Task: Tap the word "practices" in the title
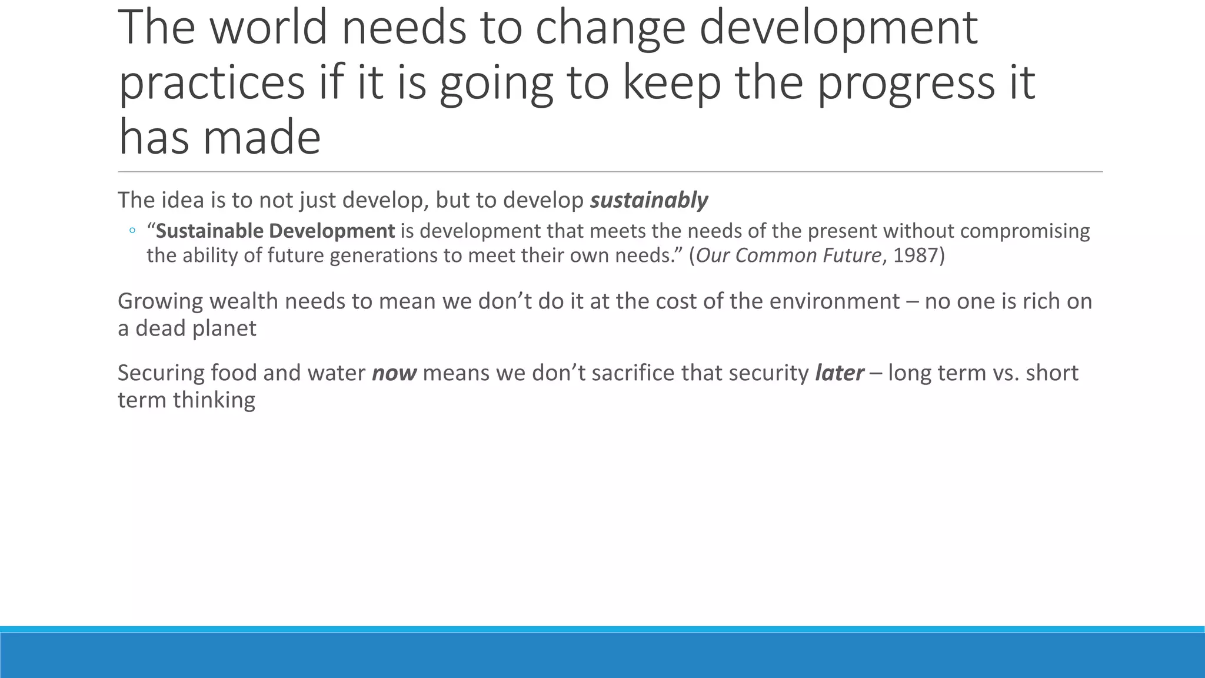[x=212, y=84]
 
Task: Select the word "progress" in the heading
[x=905, y=84]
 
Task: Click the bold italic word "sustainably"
[x=649, y=201]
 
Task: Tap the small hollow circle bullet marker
[x=132, y=231]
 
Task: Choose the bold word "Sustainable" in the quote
[x=209, y=231]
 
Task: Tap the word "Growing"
[x=160, y=302]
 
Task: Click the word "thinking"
[x=214, y=401]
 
